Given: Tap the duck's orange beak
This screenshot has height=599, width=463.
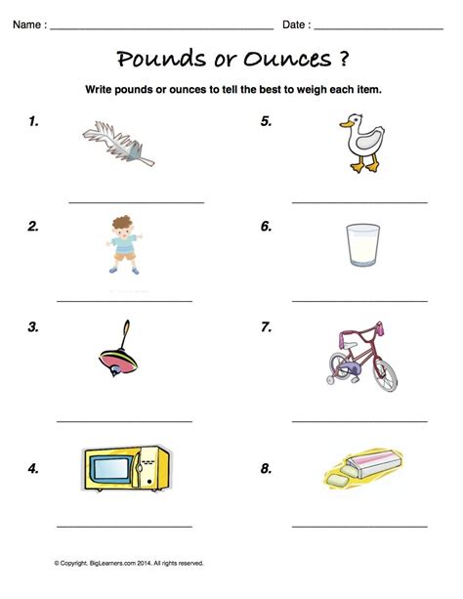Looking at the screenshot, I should pyautogui.click(x=344, y=124).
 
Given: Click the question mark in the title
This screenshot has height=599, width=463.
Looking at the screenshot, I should pyautogui.click(x=346, y=59).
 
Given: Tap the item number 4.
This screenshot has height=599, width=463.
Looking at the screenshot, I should pyautogui.click(x=33, y=468).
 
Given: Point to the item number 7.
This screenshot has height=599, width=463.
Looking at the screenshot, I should pyautogui.click(x=266, y=327).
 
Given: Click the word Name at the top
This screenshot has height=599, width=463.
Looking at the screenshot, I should pyautogui.click(x=26, y=22).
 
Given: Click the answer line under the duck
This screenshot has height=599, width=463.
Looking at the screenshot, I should pyautogui.click(x=359, y=202).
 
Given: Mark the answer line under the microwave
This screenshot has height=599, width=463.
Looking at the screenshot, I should pyautogui.click(x=124, y=527).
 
